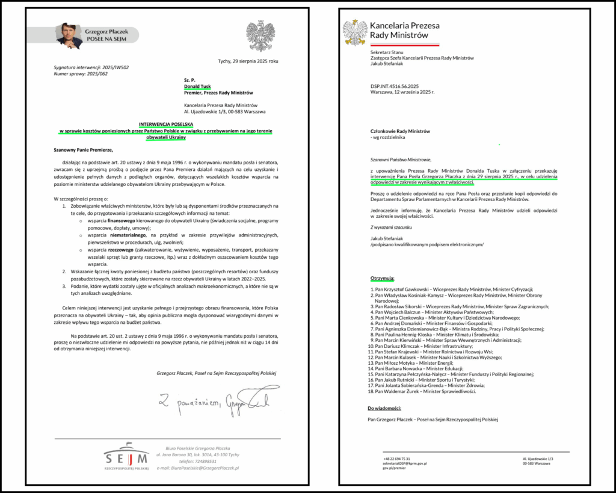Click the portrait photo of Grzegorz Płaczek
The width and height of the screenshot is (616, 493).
pos(69,36)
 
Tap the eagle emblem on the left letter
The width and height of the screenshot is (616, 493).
pos(260,36)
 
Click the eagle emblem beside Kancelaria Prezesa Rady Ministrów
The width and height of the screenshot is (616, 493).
pos(355,33)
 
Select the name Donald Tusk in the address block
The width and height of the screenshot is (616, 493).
pos(199,85)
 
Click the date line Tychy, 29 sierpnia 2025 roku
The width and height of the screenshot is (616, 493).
pos(248,61)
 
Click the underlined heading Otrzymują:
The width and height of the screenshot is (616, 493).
pos(382,279)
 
